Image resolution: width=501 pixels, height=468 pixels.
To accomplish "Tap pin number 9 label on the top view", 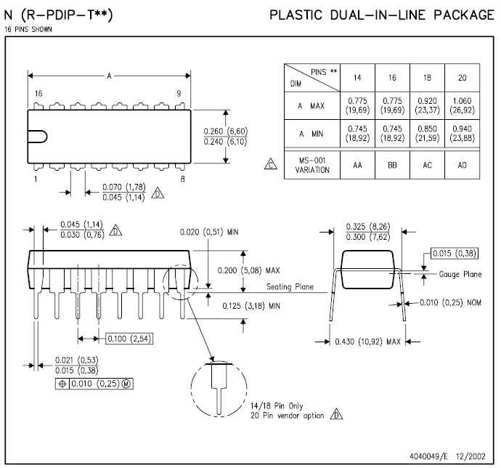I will (x=178, y=94).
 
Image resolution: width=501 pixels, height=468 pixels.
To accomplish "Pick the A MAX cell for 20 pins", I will (x=463, y=106).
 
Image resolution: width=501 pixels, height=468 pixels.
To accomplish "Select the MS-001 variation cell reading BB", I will (x=392, y=165).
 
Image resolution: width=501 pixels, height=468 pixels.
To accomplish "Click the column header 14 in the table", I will (x=357, y=77).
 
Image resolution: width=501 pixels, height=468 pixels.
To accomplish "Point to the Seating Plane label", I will (x=290, y=287).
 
